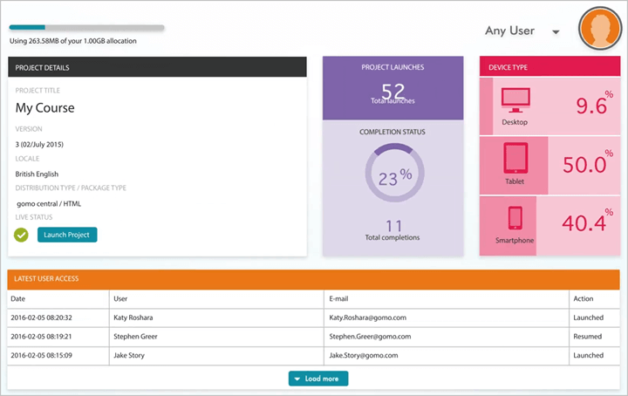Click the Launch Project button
tap(67, 235)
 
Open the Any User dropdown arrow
tap(556, 32)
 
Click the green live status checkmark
tap(22, 235)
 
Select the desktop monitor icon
tap(515, 103)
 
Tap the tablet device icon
tap(515, 158)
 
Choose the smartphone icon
tap(515, 218)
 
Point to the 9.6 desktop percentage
tap(590, 106)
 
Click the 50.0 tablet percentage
tap(584, 164)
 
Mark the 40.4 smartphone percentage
tap(584, 222)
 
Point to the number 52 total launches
tap(393, 92)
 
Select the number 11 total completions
tap(393, 225)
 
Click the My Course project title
tap(45, 108)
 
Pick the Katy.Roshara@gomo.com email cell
tap(367, 318)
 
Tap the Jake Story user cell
tap(129, 355)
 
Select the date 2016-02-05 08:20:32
tap(41, 318)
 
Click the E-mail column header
tap(340, 299)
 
